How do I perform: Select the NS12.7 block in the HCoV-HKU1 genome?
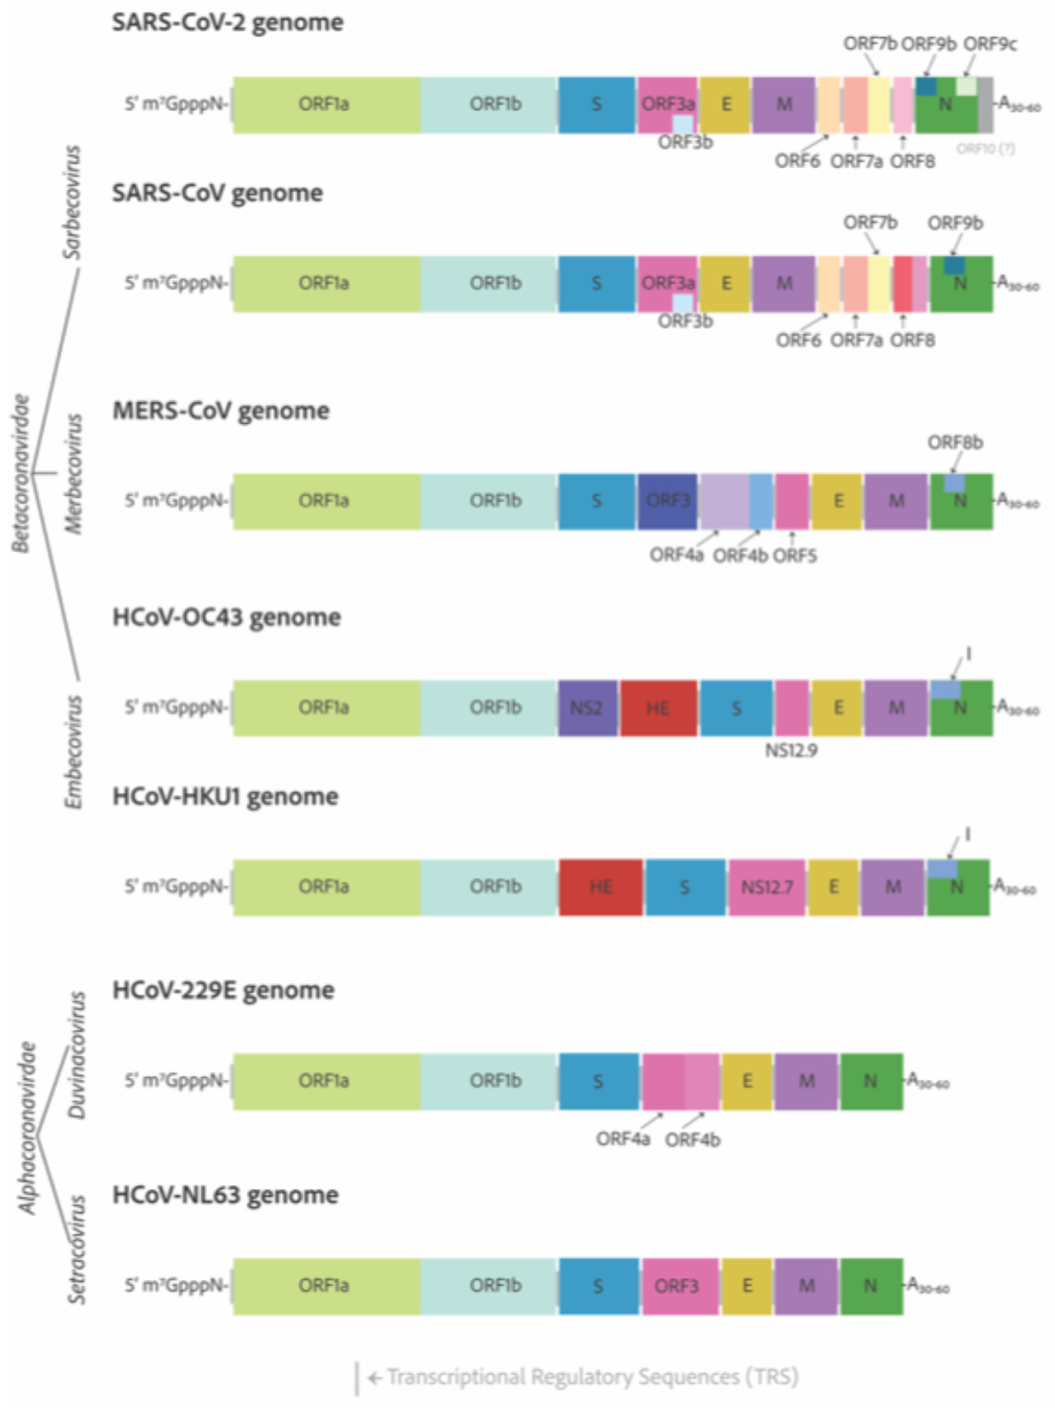tap(766, 887)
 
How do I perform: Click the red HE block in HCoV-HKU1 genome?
tap(600, 887)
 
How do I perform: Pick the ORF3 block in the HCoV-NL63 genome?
tap(679, 1285)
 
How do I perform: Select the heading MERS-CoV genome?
tap(221, 411)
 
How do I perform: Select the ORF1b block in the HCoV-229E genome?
tap(495, 1081)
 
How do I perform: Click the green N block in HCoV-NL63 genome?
tap(870, 1285)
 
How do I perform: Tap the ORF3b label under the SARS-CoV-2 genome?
tap(685, 143)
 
